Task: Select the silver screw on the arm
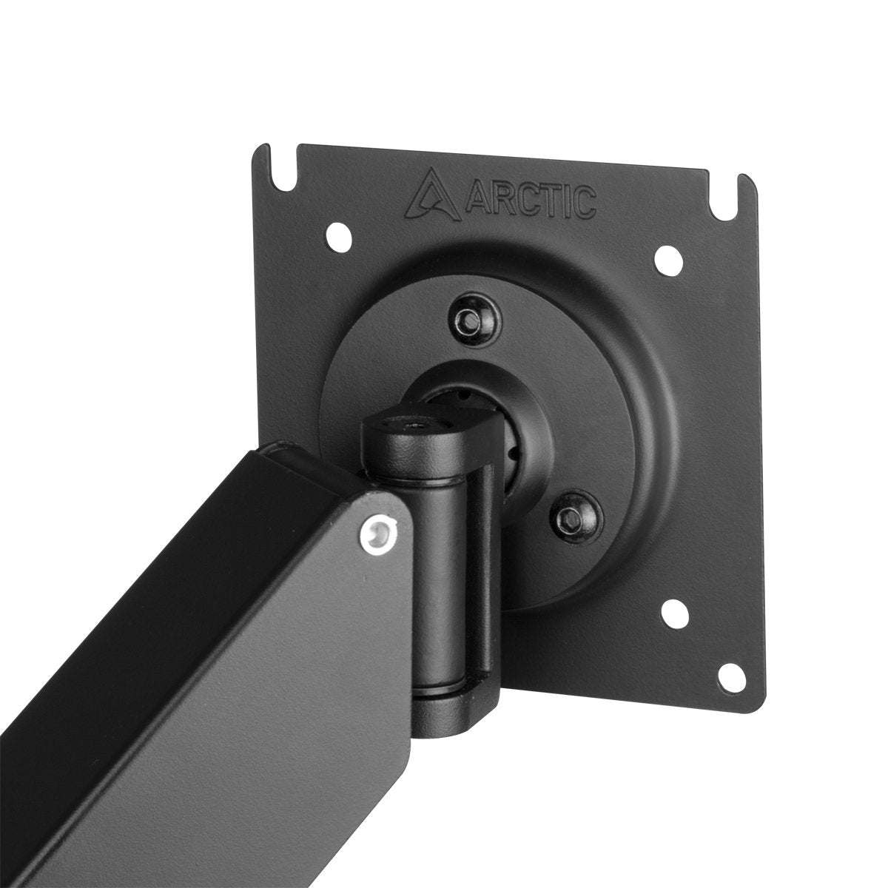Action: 381,530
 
